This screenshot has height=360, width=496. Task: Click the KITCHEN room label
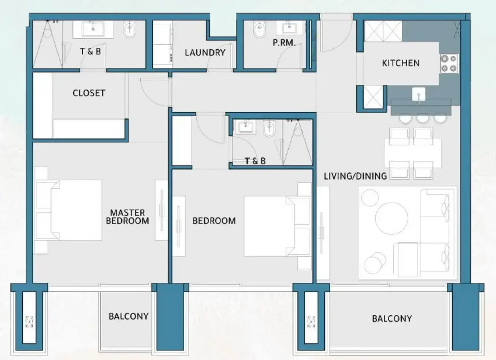pyautogui.click(x=400, y=63)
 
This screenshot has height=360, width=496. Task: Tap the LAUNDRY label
pyautogui.click(x=205, y=53)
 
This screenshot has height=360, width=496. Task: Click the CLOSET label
pyautogui.click(x=89, y=93)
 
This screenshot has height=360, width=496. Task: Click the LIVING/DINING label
pyautogui.click(x=355, y=176)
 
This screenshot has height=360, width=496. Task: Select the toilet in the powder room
pyautogui.click(x=259, y=30)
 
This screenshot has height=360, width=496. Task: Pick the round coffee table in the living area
pyautogui.click(x=391, y=218)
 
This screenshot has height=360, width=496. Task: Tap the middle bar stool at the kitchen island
pyautogui.click(x=422, y=118)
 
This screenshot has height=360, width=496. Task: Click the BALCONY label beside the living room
pyautogui.click(x=391, y=318)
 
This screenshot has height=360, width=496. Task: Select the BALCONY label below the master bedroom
pyautogui.click(x=128, y=316)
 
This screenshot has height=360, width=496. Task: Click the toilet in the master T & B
pyautogui.click(x=130, y=30)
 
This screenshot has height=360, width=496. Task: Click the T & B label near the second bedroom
pyautogui.click(x=255, y=161)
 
